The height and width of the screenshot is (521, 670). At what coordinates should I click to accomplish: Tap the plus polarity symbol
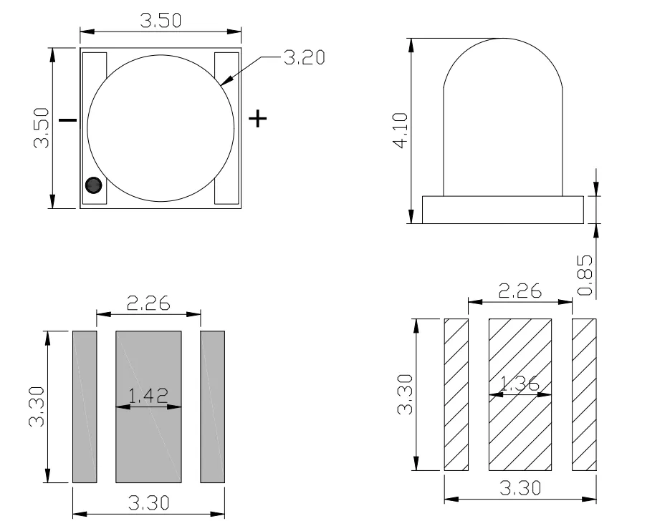click(x=257, y=118)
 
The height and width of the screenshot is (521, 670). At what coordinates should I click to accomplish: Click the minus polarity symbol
click(x=67, y=120)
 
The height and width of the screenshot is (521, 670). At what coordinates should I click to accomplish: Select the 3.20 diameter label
click(x=305, y=58)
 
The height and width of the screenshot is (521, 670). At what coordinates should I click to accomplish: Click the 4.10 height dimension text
click(x=400, y=130)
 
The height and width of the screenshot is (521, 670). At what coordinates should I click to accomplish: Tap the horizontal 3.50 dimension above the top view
click(x=161, y=20)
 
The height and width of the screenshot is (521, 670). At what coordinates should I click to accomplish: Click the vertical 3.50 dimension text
click(x=41, y=128)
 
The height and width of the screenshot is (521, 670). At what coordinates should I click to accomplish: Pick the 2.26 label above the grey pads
click(x=148, y=303)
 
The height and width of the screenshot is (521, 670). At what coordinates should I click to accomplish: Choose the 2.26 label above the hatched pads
click(x=520, y=291)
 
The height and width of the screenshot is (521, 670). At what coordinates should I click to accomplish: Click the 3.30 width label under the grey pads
click(x=148, y=502)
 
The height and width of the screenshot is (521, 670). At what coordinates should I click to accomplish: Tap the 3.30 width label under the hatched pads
click(x=520, y=489)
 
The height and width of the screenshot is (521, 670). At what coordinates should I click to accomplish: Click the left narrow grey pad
click(x=85, y=406)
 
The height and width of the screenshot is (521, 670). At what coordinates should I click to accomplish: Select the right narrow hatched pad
click(x=584, y=394)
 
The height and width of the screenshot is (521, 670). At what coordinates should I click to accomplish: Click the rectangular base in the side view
click(x=502, y=210)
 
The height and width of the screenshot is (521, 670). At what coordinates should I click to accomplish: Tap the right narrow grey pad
click(x=213, y=406)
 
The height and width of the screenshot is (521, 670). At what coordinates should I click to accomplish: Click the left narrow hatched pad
click(x=456, y=394)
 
